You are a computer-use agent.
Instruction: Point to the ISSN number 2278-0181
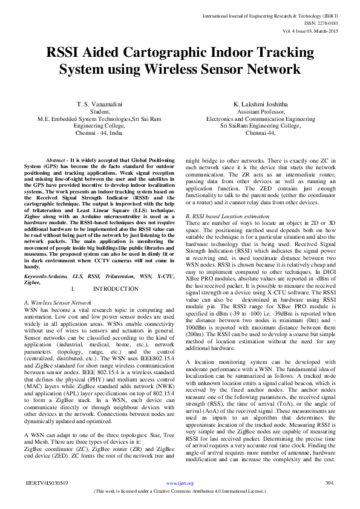(328, 22)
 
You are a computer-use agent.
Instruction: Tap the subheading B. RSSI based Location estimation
(227, 216)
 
